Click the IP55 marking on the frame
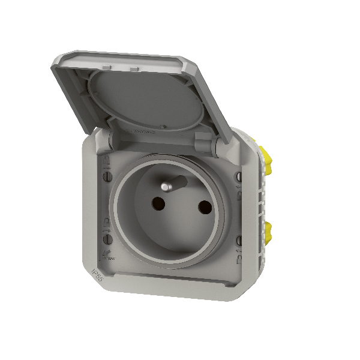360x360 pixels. coord(96,273)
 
